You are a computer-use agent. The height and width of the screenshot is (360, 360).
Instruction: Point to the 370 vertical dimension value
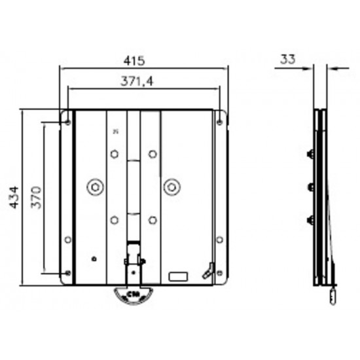pyautogui.click(x=37, y=196)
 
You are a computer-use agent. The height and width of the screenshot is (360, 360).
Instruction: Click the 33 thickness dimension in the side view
pyautogui.click(x=286, y=59)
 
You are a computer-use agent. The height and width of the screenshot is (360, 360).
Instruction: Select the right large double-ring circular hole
pyautogui.click(x=172, y=187)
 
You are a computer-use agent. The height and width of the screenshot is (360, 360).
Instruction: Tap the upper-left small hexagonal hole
pyautogui.click(x=115, y=154)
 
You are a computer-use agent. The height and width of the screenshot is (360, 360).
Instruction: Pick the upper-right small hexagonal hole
pyautogui.click(x=153, y=154)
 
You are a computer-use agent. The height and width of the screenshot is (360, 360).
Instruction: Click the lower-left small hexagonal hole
pyautogui.click(x=115, y=219)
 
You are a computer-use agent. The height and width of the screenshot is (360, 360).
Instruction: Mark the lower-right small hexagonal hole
pyautogui.click(x=153, y=219)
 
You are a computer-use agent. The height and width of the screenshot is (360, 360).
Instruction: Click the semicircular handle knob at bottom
pyautogui.click(x=134, y=296)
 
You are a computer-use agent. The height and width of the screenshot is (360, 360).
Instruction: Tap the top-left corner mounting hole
pyautogui.click(x=68, y=120)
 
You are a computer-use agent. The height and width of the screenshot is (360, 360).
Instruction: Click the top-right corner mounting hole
pyautogui.click(x=219, y=120)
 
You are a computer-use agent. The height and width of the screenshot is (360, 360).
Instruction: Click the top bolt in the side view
pyautogui.click(x=310, y=155)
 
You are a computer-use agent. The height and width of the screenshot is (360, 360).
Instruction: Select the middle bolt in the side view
pyautogui.click(x=310, y=187)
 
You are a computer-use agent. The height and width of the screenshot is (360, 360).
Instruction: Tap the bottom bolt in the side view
pyautogui.click(x=310, y=219)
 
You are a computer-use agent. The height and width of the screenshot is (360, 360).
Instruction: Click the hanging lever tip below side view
pyautogui.click(x=332, y=298)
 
